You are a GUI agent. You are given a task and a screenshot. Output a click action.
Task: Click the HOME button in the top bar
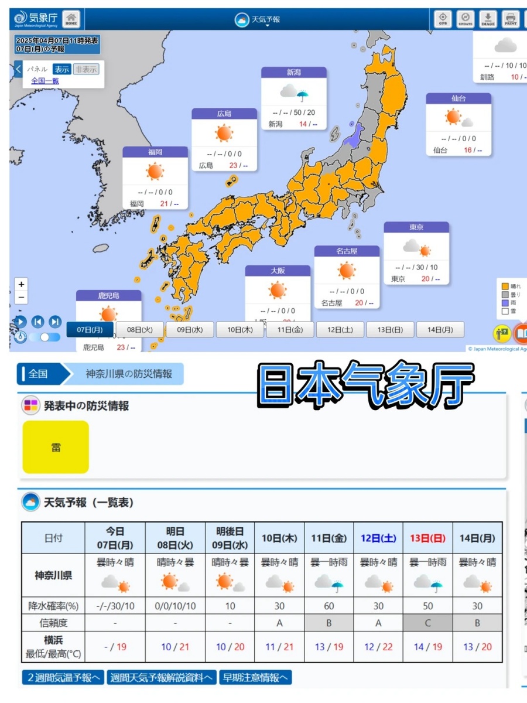pyautogui.click(x=71, y=19)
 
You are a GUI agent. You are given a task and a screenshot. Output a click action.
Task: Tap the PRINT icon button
pyautogui.click(x=511, y=19)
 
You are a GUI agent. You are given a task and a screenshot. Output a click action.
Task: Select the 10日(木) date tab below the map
pyautogui.click(x=239, y=330)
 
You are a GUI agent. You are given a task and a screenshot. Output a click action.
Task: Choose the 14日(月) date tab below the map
pyautogui.click(x=440, y=330)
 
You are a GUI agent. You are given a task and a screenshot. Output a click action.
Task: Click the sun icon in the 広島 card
pyautogui.click(x=224, y=134)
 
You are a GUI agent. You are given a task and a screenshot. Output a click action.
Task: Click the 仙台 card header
pyautogui.click(x=458, y=98)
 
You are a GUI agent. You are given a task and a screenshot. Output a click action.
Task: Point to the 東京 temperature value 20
pyautogui.click(x=426, y=279)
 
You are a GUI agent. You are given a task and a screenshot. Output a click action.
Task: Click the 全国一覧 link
pyautogui.click(x=45, y=81)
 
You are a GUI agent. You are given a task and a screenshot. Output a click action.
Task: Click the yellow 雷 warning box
pyautogui.click(x=56, y=447)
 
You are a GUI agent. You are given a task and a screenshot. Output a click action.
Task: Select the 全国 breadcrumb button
pyautogui.click(x=39, y=374)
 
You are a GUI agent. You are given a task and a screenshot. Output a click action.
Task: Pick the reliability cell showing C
pyautogui.click(x=427, y=623)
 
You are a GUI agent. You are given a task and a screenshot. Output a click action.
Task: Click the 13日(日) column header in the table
pyautogui.click(x=427, y=538)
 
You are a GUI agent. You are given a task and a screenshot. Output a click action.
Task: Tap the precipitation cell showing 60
pyautogui.click(x=328, y=606)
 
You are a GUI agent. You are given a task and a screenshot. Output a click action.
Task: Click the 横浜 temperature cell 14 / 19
pyautogui.click(x=427, y=647)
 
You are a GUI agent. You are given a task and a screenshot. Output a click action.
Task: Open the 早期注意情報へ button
pyautogui.click(x=255, y=678)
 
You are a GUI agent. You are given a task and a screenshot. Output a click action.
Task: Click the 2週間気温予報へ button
pyautogui.click(x=63, y=678)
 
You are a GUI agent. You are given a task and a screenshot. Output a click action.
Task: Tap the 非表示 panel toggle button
pyautogui.click(x=86, y=69)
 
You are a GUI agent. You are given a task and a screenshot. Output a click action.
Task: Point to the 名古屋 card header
pyautogui.click(x=347, y=251)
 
